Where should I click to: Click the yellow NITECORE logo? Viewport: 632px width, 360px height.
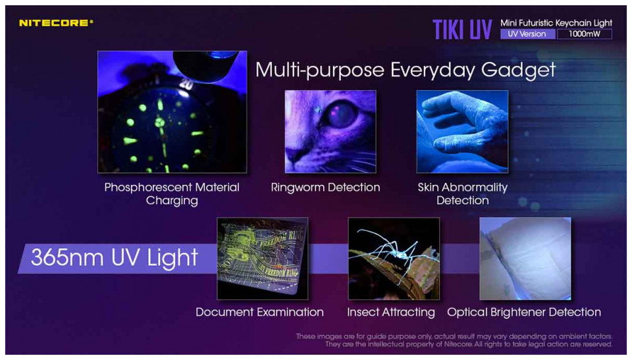point(56,23)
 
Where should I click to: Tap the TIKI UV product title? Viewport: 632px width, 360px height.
point(462,30)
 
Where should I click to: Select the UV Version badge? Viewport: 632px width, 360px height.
point(527,34)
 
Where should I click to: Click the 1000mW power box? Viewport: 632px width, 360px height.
point(585,34)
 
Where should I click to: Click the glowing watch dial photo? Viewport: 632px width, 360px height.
point(172,112)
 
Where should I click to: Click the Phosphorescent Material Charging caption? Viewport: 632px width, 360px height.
point(172,194)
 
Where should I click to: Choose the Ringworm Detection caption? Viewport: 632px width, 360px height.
point(325,188)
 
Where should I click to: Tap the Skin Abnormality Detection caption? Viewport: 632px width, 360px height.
point(462,194)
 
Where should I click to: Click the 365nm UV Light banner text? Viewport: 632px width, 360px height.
point(114,258)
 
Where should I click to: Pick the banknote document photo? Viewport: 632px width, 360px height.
point(263,259)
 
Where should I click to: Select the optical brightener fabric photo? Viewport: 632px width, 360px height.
point(525,259)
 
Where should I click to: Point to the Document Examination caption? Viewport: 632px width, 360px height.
point(259,312)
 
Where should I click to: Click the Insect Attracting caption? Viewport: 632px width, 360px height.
point(391,312)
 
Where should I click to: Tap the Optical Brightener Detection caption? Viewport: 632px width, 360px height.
point(524,312)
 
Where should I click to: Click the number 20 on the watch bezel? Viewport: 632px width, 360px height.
point(186,84)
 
